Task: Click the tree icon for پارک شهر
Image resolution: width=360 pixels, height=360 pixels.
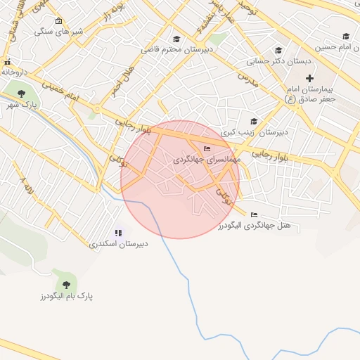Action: (20, 93)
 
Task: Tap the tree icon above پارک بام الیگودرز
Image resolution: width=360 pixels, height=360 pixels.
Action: (66, 284)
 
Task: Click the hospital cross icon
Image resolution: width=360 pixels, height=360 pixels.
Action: (309, 78)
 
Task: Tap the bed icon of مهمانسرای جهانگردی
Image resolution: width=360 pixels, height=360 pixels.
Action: (207, 148)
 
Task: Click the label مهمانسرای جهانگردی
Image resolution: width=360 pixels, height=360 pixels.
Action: (207, 160)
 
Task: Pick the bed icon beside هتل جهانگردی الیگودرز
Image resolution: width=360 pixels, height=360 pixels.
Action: (254, 214)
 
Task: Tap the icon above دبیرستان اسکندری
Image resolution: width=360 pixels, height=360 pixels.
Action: (117, 233)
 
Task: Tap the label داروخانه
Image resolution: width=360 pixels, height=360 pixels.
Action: (15, 72)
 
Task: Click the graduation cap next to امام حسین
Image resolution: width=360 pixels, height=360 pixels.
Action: (346, 36)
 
